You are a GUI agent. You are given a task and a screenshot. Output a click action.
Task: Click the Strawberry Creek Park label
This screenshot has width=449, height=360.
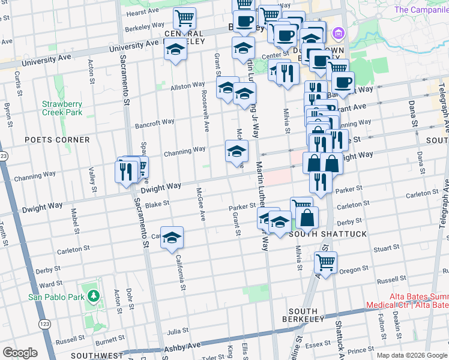62,108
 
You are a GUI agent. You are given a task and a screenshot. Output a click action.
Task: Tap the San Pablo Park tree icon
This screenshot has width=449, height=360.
93,296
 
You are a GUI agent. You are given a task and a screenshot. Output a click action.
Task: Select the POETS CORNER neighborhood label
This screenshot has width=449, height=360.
57,140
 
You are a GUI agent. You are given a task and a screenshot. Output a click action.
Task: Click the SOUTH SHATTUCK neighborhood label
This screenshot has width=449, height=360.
327,234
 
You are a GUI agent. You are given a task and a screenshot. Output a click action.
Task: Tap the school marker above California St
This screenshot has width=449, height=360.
172,238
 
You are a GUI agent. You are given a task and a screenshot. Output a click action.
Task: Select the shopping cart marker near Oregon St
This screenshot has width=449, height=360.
325,262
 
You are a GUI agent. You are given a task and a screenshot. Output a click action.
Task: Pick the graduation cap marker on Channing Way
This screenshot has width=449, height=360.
237,150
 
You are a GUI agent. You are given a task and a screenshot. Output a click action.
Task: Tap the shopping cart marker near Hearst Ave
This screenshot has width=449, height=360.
184,18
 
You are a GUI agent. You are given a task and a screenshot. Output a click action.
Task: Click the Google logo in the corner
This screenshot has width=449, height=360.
20,352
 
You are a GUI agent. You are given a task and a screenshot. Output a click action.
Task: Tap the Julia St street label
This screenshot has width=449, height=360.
173,331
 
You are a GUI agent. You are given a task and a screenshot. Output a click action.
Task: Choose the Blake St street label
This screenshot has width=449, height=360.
158,204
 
